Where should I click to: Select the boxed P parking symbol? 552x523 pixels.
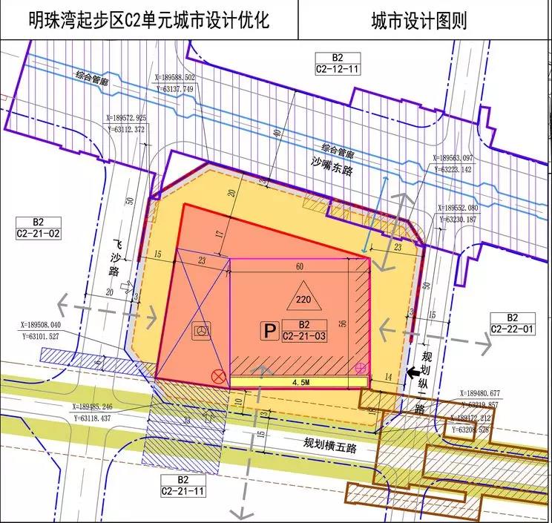click(x=270, y=331)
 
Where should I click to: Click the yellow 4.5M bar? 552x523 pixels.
click(x=300, y=383)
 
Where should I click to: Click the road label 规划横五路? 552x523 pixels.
click(x=330, y=444)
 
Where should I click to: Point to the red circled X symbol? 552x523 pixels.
click(x=218, y=376)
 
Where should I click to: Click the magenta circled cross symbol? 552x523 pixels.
click(x=362, y=366)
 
